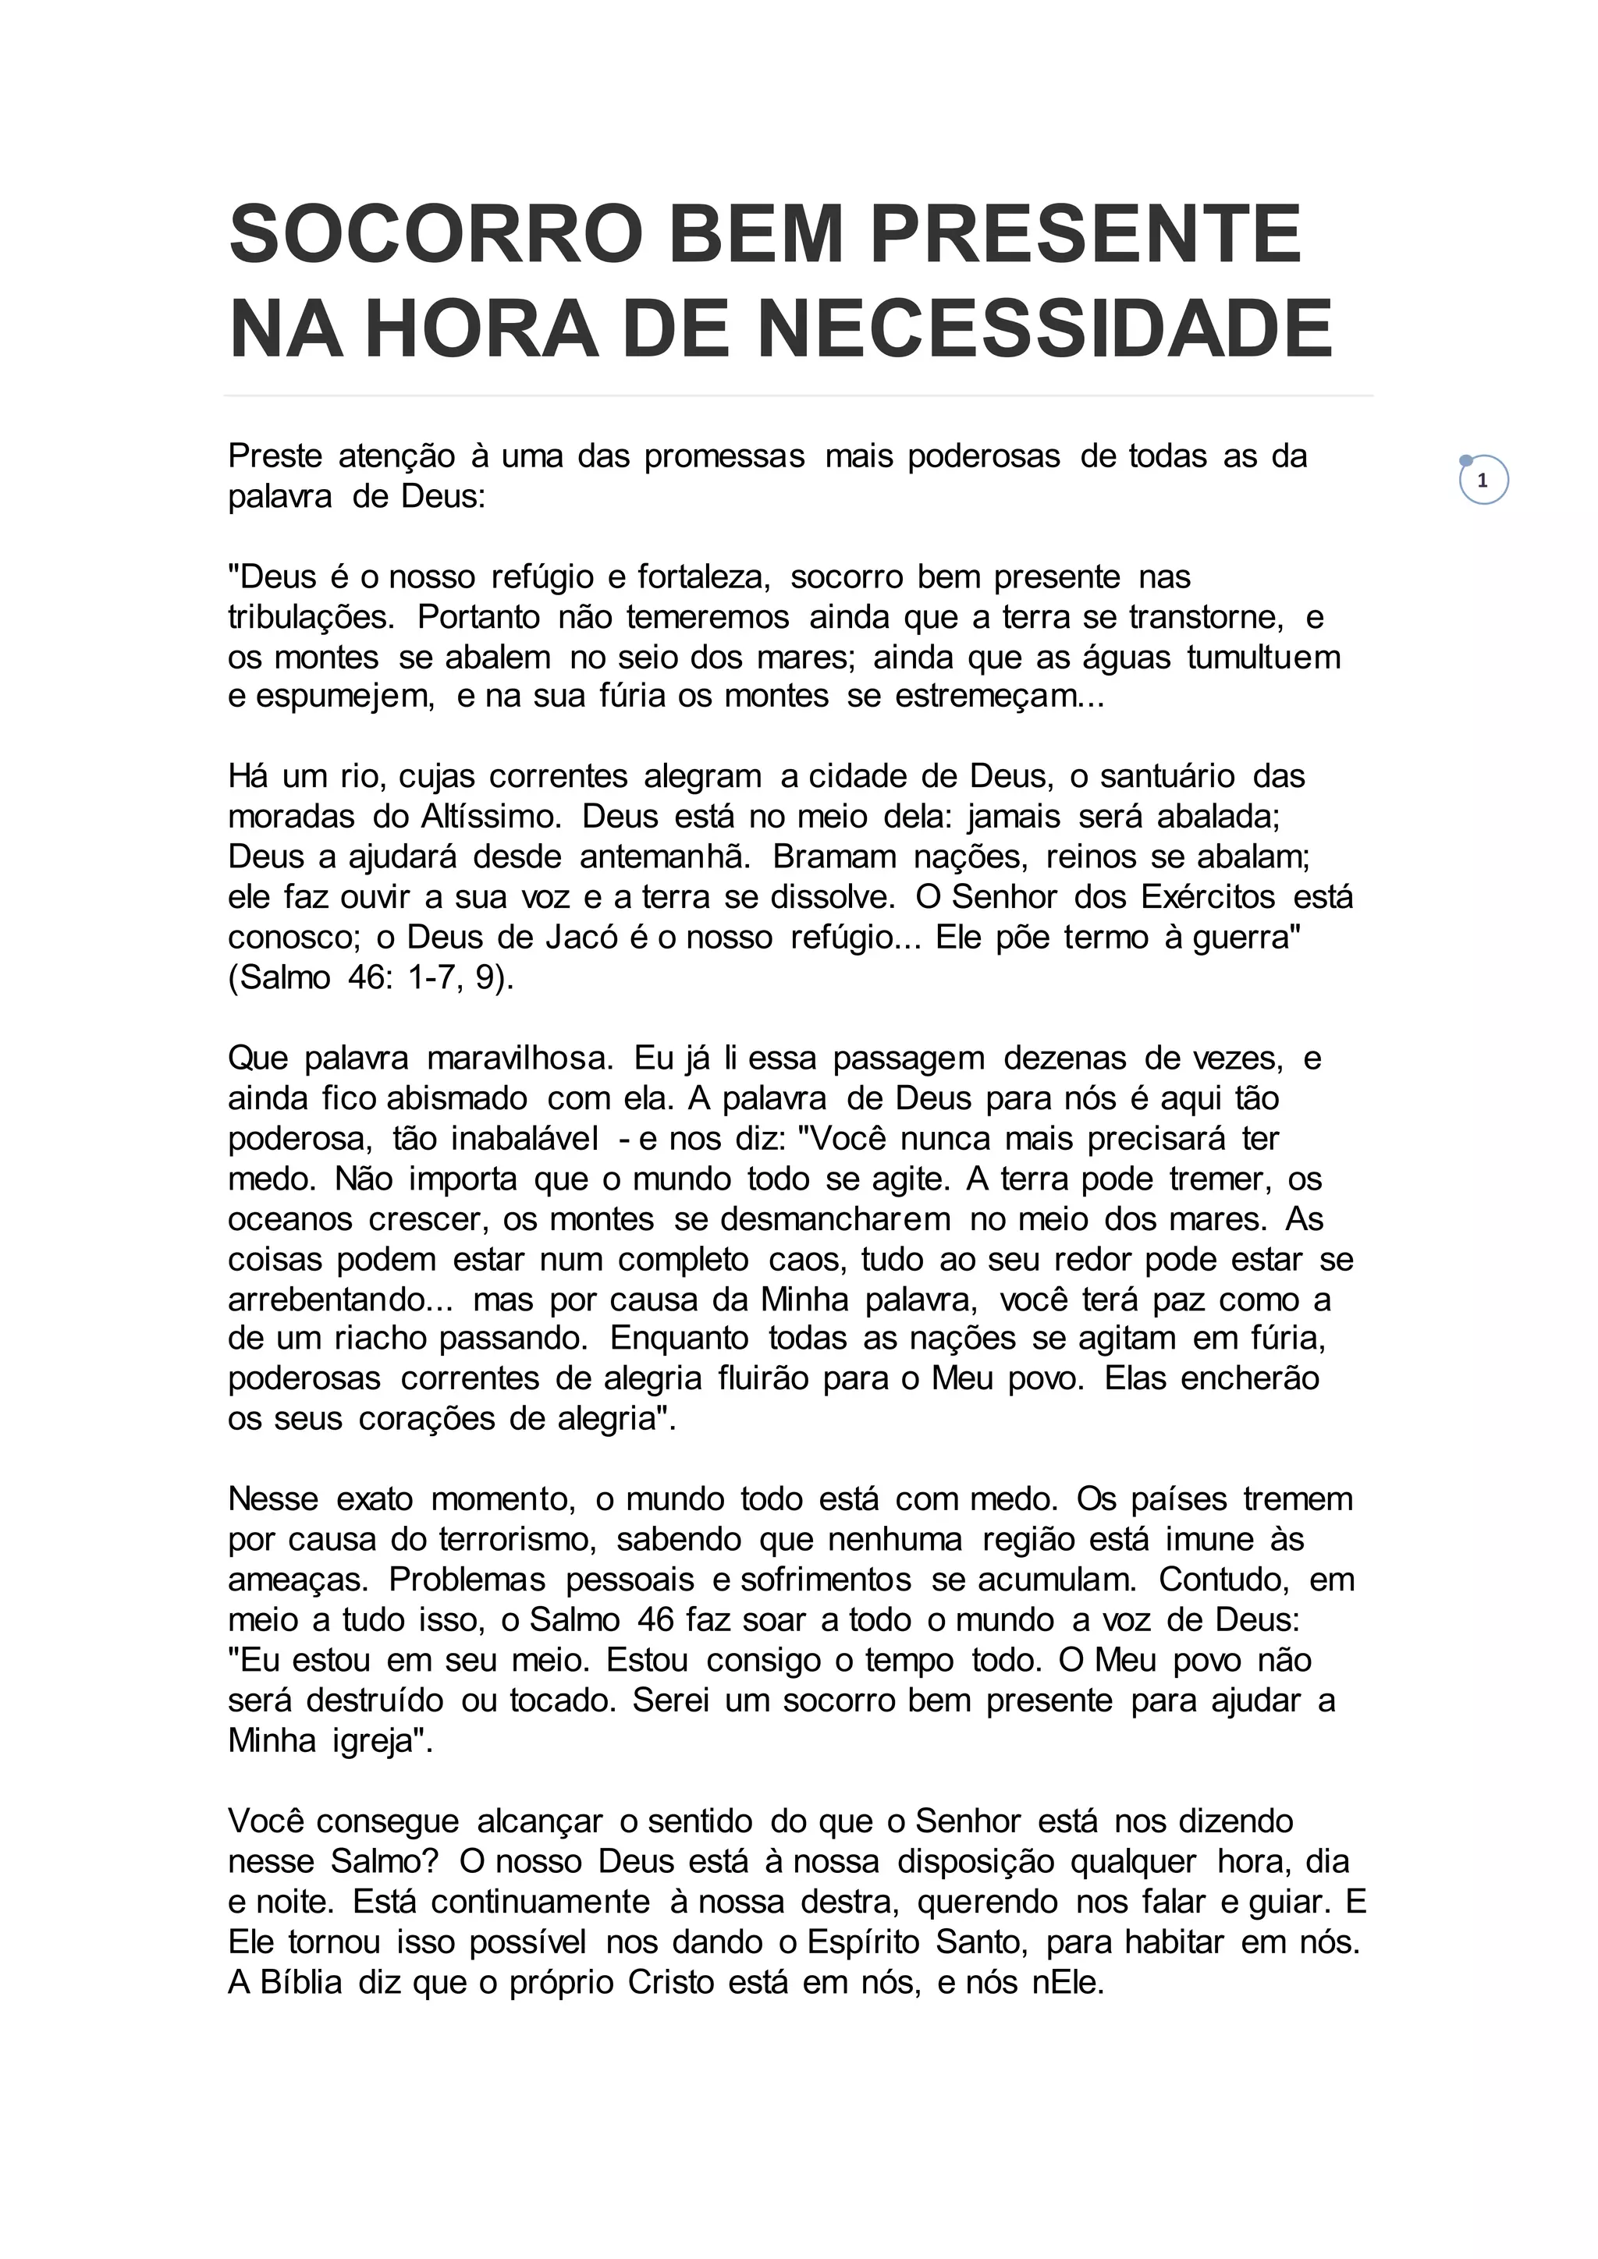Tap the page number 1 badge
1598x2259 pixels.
(1483, 481)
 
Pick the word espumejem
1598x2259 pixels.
(331, 696)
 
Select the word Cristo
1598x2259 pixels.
(670, 1983)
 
